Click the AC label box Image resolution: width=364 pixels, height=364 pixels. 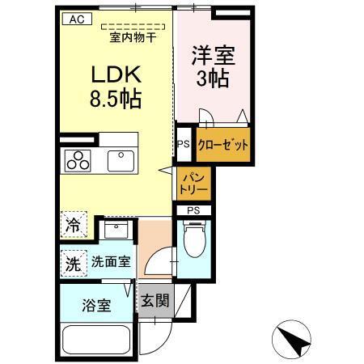click(74, 19)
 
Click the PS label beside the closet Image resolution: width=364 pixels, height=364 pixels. click(184, 146)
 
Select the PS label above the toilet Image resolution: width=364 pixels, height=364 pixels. click(193, 210)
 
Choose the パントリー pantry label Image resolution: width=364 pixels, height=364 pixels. click(193, 182)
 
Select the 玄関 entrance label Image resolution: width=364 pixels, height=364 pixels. click(155, 302)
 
